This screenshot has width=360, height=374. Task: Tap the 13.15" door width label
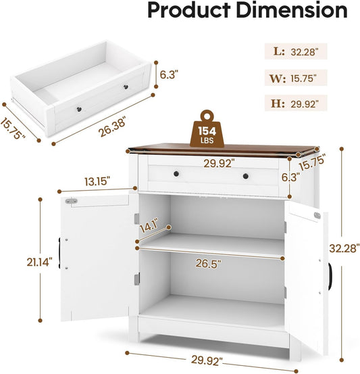99,181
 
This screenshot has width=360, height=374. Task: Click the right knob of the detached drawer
125,89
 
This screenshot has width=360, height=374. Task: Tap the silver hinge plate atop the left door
70,201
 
